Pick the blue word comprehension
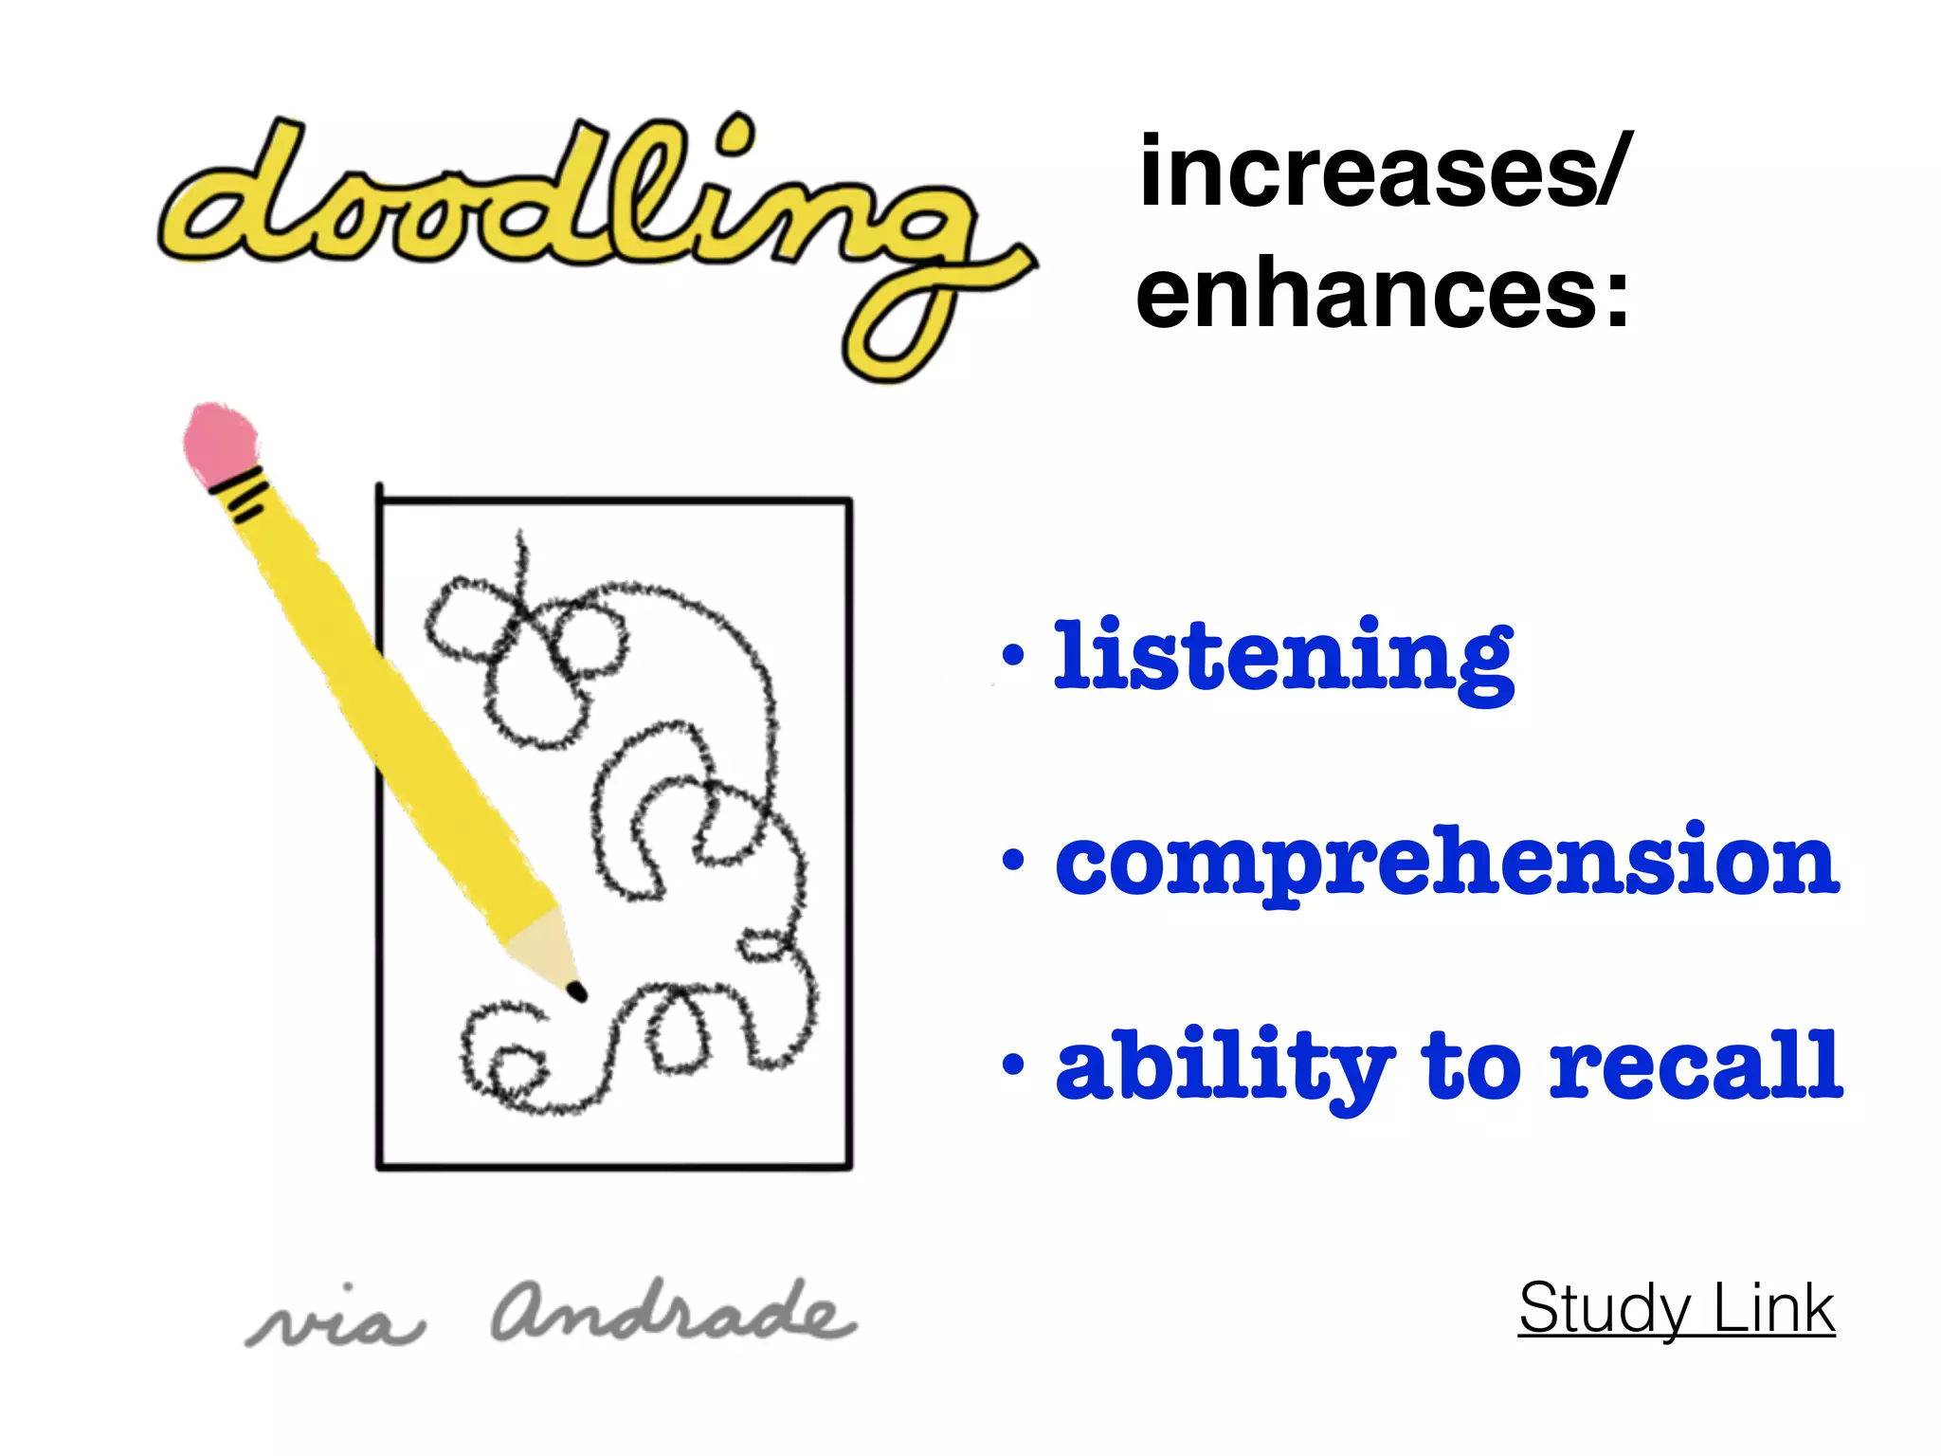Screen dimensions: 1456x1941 pos(1447,863)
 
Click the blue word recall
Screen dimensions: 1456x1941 pos(1696,1065)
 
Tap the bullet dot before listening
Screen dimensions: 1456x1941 pos(1013,653)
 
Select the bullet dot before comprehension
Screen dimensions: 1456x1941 pos(1013,860)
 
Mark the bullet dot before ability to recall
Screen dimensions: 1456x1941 pos(1013,1064)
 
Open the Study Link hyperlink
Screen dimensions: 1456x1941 pos(1676,1309)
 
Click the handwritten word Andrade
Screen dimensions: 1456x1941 pos(673,1313)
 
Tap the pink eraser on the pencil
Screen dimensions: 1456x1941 pos(220,441)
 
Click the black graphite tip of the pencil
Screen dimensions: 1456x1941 pos(576,992)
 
